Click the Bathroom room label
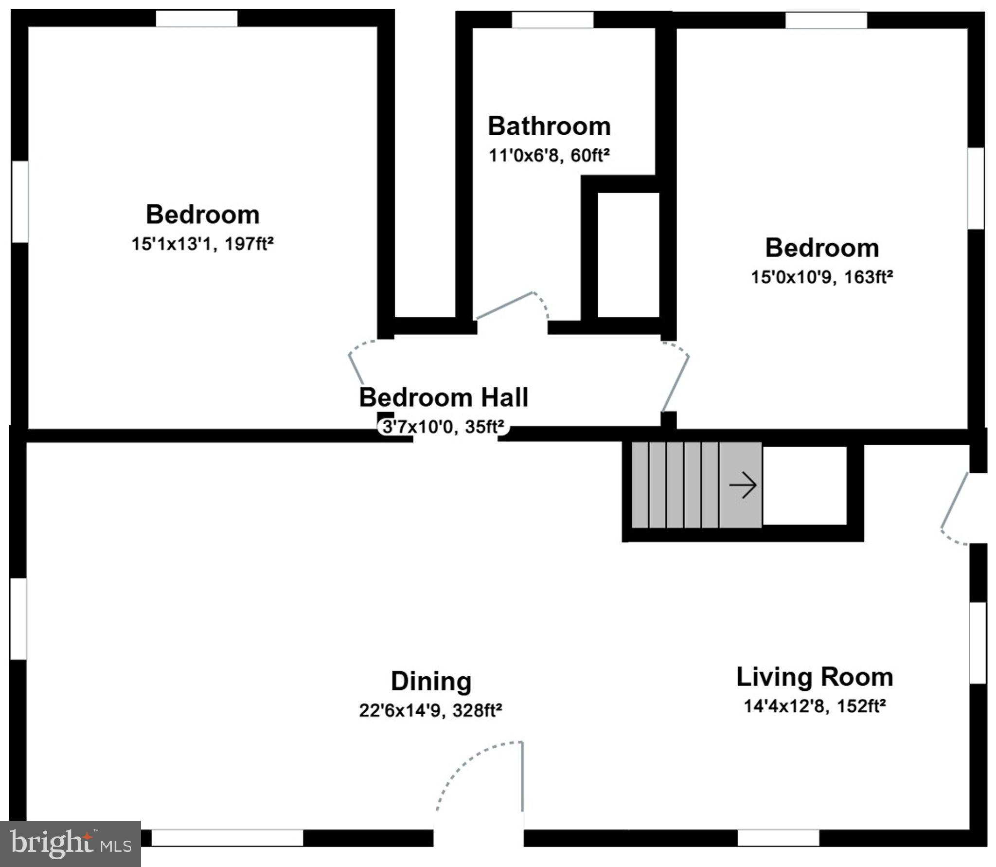549,126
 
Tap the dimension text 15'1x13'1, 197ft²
202,244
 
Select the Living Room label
815,677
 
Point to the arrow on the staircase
743,485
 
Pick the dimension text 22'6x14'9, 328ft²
430,711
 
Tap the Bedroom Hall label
443,397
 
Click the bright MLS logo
71,844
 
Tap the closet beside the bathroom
628,255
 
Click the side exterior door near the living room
954,506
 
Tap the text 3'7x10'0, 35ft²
443,427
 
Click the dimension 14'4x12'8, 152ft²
815,706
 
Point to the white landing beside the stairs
804,485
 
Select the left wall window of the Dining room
18,619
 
